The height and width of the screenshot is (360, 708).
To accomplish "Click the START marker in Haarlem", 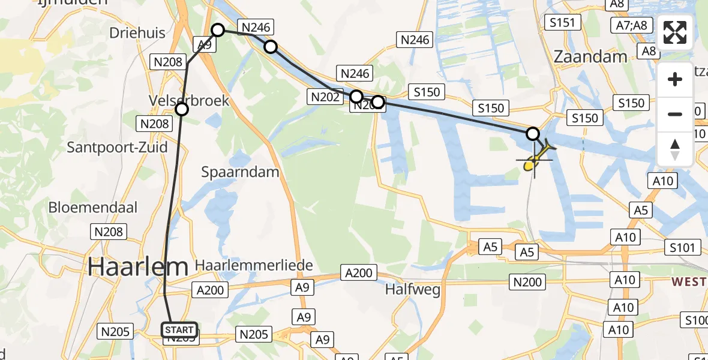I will tap(179, 330).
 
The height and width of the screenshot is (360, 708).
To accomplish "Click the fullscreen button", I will tap(675, 32).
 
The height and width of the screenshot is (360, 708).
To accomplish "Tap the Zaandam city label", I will tap(590, 57).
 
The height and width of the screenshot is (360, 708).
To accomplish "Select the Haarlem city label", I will tap(138, 266).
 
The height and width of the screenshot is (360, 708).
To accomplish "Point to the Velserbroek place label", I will tap(189, 100).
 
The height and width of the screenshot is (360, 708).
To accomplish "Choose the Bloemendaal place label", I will tap(93, 208).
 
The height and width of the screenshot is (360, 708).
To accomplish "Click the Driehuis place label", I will tap(137, 33).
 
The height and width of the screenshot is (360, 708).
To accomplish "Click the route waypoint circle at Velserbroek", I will tap(182, 109).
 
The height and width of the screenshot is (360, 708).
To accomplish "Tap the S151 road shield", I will tap(562, 23).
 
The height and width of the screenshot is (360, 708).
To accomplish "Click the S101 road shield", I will tap(683, 247).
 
